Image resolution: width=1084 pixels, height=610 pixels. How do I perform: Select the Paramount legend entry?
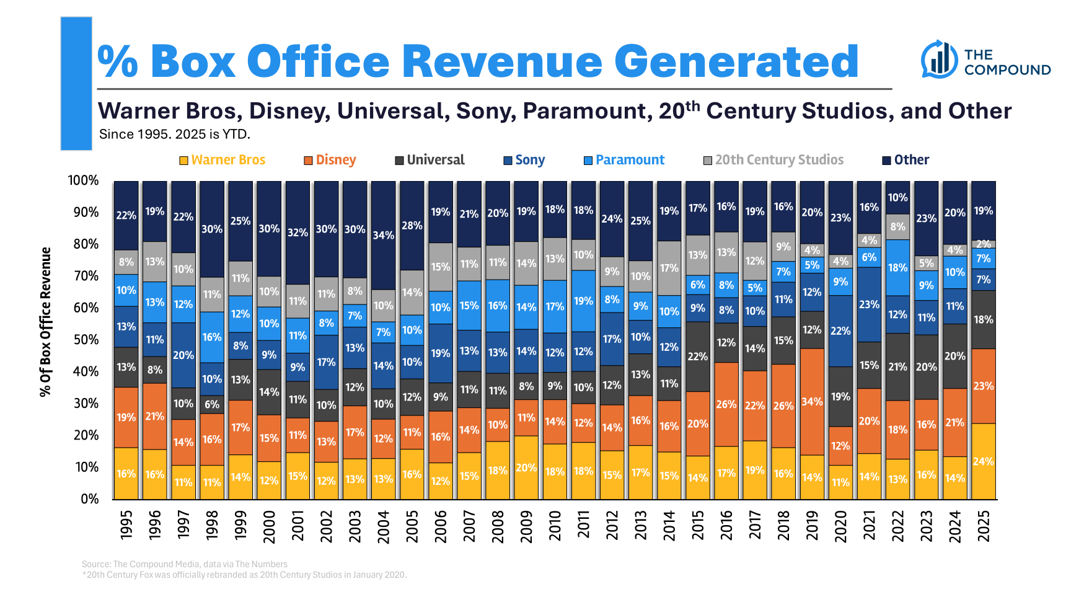624,160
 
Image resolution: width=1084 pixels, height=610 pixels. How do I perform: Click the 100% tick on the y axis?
84,180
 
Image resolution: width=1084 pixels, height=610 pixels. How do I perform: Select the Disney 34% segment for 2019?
812,402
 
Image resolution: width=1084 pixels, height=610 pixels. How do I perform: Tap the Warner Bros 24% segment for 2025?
984,461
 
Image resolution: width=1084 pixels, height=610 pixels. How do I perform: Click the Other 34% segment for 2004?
383,236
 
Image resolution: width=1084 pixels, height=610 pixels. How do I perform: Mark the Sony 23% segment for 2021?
869,304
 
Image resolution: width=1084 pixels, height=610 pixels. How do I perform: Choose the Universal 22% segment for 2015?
697,356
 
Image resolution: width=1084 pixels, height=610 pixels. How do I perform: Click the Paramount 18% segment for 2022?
897,268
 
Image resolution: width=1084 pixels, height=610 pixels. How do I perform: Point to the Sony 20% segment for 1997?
183,355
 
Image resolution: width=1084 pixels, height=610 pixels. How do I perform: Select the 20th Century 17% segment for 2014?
669,268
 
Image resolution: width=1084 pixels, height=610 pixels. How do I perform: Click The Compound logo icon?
939,60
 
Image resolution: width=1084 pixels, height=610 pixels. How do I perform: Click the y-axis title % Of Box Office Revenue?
45,322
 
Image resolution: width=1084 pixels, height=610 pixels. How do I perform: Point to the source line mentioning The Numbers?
185,564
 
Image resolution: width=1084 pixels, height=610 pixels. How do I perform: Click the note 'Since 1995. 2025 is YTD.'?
175,134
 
